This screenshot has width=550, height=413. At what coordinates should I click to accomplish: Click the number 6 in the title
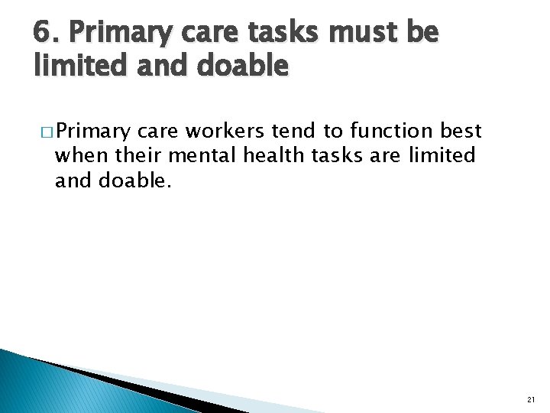[43, 33]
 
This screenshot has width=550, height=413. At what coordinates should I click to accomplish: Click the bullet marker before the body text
[44, 131]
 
